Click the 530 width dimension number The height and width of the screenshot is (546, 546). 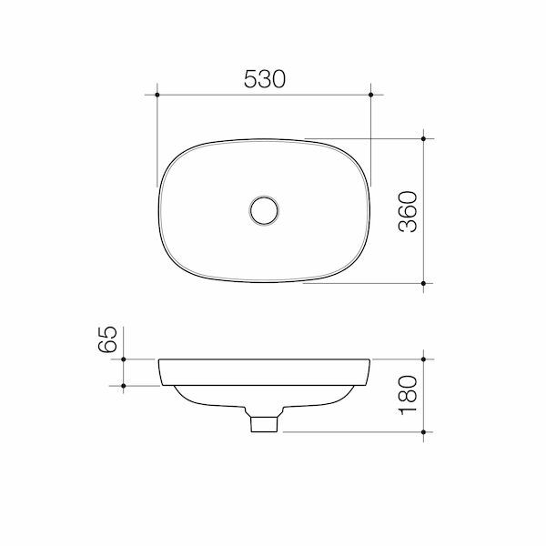265,79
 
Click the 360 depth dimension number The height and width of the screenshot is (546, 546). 408,211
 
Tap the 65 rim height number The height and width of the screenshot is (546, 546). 107,339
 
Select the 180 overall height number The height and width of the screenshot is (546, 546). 408,395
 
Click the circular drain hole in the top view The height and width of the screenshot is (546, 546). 264,210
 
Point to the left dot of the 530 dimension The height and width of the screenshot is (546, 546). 157,95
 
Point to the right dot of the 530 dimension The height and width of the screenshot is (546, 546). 371,95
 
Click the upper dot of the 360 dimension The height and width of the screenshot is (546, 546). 423,138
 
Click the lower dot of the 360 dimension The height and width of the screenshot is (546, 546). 423,283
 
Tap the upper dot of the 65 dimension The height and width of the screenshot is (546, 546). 123,359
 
